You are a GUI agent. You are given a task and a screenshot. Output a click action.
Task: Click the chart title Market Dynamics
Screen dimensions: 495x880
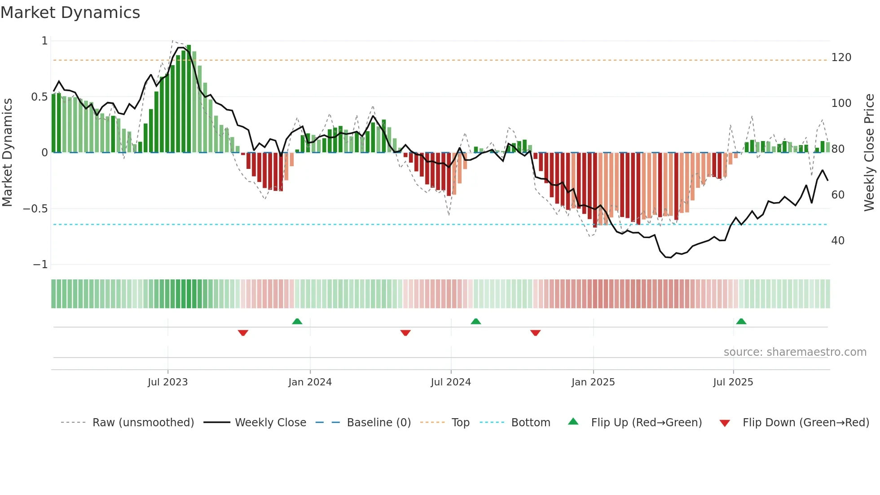click(70, 13)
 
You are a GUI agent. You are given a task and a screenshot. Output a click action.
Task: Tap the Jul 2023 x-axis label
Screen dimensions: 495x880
click(167, 382)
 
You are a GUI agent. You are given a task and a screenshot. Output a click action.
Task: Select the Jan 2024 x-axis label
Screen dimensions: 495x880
click(310, 382)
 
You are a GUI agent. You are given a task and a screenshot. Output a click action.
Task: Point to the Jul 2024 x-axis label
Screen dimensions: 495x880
click(451, 382)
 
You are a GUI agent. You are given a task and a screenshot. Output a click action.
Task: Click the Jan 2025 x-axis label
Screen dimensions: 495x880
click(593, 382)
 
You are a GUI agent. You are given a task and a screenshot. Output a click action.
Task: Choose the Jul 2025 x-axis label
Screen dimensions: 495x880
click(733, 382)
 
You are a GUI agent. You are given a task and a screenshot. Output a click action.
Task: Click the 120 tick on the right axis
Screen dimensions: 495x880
click(841, 57)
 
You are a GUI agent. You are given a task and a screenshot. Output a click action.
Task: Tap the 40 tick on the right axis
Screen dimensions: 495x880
click(838, 241)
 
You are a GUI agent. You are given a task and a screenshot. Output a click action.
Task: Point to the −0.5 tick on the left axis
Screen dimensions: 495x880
click(35, 209)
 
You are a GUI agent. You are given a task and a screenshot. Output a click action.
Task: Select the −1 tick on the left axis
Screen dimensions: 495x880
click(40, 265)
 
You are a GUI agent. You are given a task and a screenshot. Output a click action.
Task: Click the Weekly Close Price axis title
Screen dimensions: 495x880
click(869, 152)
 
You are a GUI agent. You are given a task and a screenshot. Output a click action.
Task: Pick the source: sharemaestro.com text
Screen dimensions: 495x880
click(795, 352)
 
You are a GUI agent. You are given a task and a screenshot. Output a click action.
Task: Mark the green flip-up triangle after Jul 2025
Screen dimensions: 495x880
click(741, 322)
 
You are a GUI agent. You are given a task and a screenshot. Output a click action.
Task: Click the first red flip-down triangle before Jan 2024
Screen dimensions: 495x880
click(243, 332)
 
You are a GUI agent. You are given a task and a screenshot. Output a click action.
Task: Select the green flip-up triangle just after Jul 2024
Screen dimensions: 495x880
click(476, 322)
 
